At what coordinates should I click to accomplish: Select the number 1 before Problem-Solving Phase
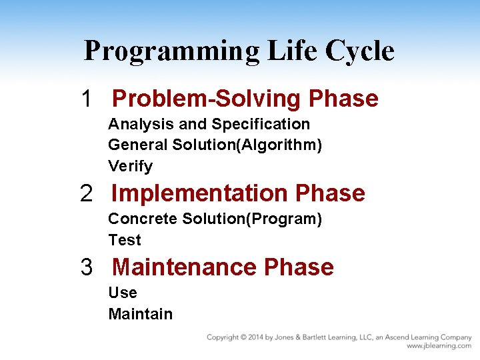[86, 99]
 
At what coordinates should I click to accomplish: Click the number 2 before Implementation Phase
[87, 193]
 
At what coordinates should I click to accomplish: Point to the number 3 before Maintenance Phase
[87, 267]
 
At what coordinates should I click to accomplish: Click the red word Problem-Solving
[207, 99]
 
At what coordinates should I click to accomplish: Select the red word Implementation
[200, 193]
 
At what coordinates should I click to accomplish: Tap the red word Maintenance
[185, 267]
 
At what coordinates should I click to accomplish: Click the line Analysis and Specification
[209, 125]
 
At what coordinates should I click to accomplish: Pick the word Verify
[130, 167]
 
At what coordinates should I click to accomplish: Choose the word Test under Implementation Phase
[125, 240]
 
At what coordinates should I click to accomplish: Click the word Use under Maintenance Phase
[123, 293]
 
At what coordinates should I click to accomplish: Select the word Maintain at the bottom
[140, 314]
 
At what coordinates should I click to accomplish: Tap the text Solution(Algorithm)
[247, 145]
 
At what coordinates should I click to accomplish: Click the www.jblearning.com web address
[439, 346]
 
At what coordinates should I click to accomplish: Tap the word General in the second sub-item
[137, 145]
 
